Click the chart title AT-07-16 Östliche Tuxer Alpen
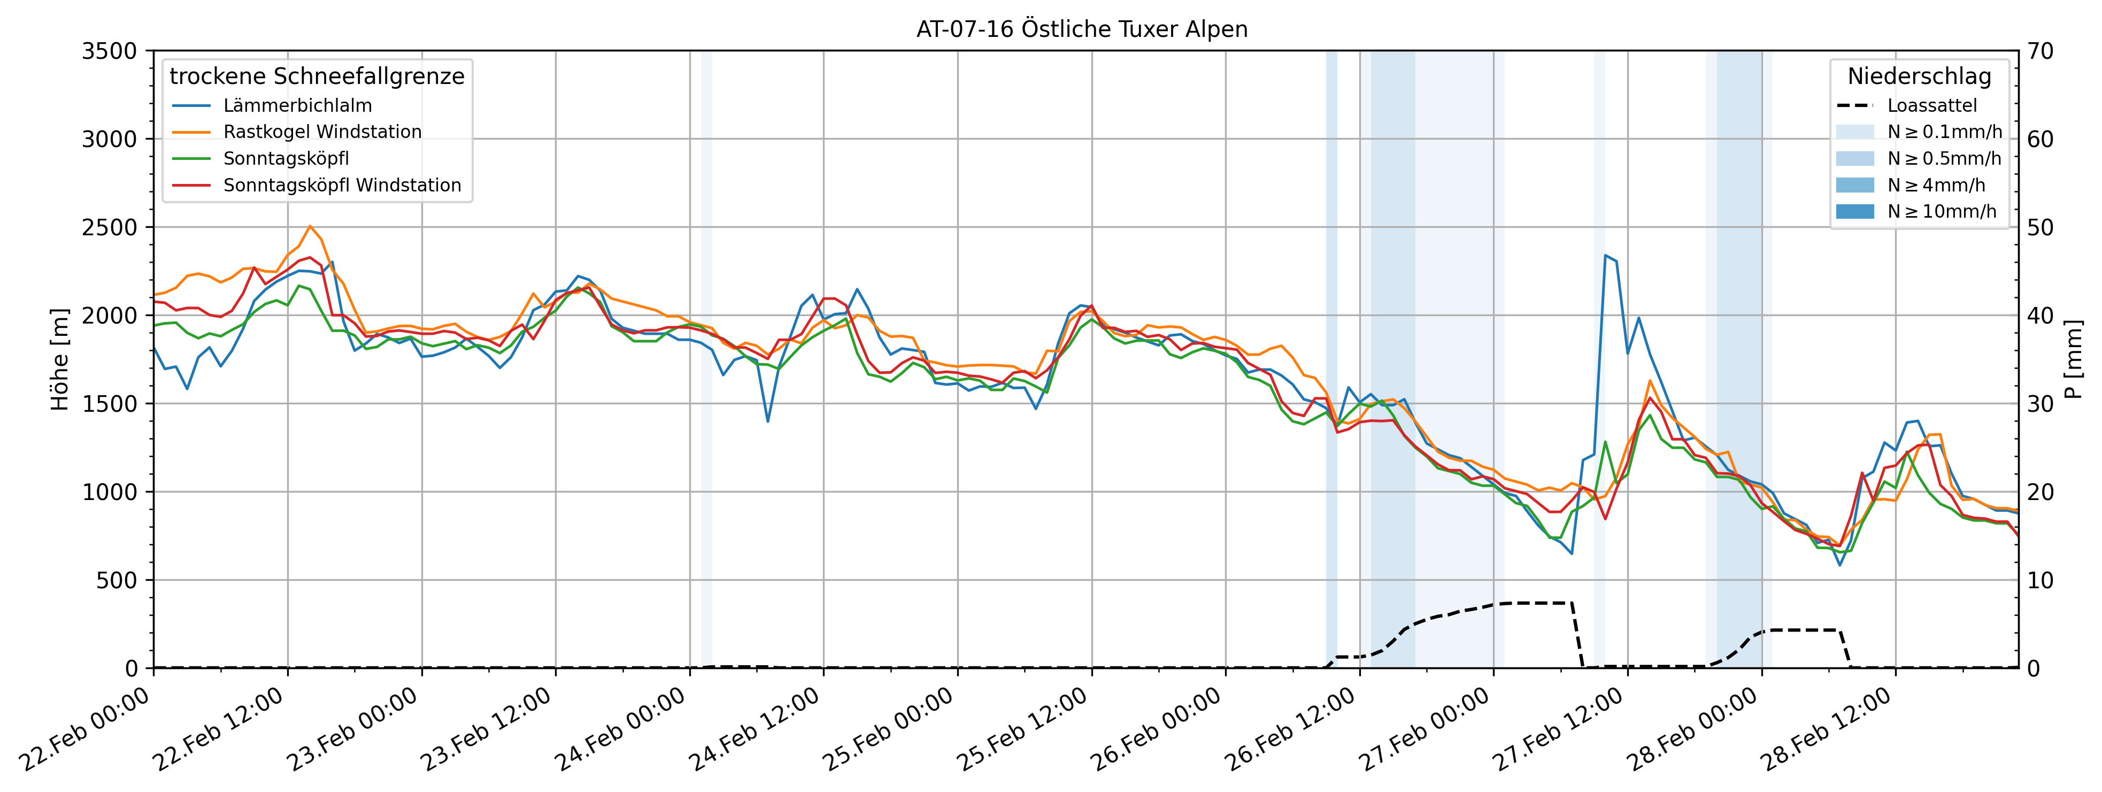point(1082,29)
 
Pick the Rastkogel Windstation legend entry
point(322,132)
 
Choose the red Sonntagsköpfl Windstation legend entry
point(342,185)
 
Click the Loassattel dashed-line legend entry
point(1931,106)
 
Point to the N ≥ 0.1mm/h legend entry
point(1944,132)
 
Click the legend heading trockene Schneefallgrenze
point(317,76)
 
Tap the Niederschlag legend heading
point(1919,76)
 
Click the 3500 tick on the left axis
point(109,51)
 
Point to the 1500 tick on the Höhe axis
point(109,404)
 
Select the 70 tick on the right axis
point(2040,51)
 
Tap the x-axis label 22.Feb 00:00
point(86,730)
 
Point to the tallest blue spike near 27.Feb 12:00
point(1605,255)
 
